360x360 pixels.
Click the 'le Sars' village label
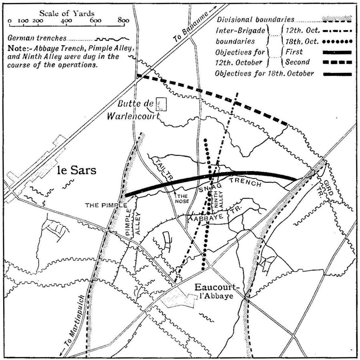click(x=77, y=170)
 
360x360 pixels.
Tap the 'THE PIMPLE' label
click(x=103, y=205)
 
